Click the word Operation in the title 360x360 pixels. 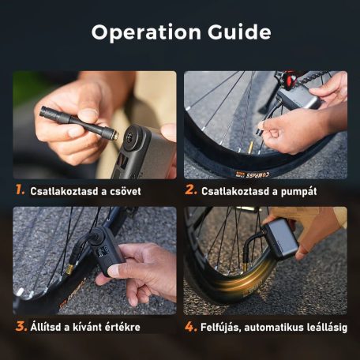click(146, 32)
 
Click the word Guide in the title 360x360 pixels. click(239, 32)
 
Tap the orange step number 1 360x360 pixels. click(20, 189)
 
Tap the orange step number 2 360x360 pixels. click(191, 189)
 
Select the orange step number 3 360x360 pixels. click(21, 326)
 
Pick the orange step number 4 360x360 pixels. click(191, 327)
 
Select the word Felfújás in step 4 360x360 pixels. click(220, 328)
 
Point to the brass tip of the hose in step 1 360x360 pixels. click(115, 135)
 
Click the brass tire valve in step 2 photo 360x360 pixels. click(250, 148)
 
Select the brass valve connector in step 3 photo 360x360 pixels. click(69, 270)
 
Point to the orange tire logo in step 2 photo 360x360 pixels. click(252, 174)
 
